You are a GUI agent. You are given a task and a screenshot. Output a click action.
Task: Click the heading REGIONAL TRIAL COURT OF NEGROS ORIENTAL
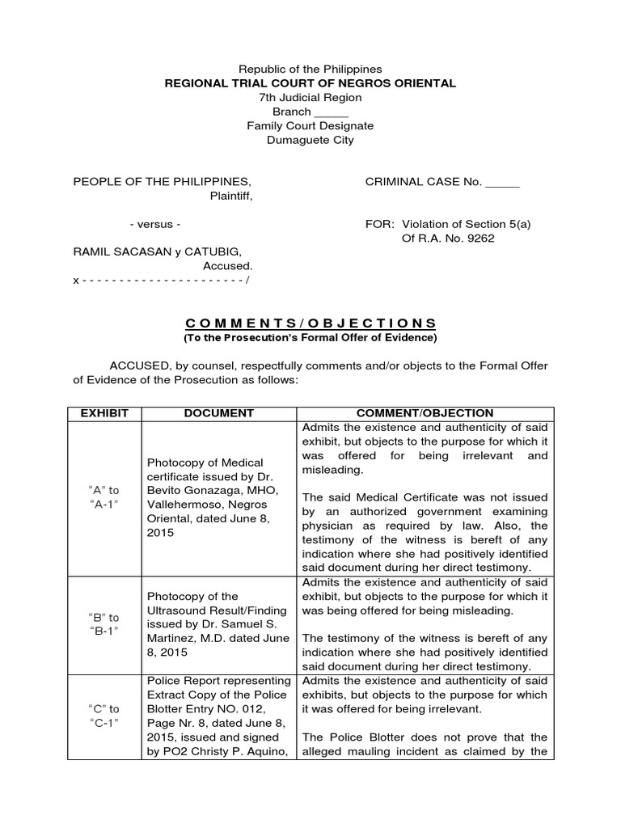pos(310,83)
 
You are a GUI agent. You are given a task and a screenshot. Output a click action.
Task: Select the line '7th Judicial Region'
pos(310,98)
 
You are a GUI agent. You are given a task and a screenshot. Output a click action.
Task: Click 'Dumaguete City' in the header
pos(310,140)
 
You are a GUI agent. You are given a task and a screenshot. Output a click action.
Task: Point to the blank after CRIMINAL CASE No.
pos(502,182)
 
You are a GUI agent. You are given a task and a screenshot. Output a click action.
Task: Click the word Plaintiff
pos(231,196)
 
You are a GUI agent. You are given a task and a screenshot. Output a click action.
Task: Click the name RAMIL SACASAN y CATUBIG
pos(157,251)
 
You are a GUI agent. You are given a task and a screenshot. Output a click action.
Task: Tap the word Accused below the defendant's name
pos(227,265)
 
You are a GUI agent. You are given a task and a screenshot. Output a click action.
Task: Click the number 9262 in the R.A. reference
pos(478,238)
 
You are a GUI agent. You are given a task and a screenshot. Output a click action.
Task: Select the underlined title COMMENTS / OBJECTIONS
pos(310,323)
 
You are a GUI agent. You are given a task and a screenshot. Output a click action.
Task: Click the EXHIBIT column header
pos(104,413)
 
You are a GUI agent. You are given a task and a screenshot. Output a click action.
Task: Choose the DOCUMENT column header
pos(219,413)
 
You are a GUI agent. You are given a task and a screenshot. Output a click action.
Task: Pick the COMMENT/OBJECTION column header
pos(425,413)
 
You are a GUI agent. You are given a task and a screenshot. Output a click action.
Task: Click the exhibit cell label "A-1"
pos(103,505)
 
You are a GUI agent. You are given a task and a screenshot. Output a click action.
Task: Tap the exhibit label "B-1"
pos(103,632)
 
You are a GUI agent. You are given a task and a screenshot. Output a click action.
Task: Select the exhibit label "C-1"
pos(103,722)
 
